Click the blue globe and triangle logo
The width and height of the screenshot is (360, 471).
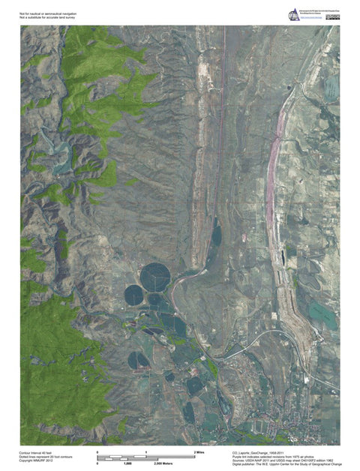pyautogui.click(x=292, y=15)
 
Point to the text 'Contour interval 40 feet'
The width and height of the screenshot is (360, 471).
pyautogui.click(x=37, y=453)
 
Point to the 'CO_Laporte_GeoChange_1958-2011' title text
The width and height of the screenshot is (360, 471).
pyautogui.click(x=262, y=453)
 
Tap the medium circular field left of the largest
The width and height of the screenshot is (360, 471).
pyautogui.click(x=133, y=295)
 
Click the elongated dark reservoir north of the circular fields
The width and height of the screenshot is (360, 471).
pyautogui.click(x=216, y=235)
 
